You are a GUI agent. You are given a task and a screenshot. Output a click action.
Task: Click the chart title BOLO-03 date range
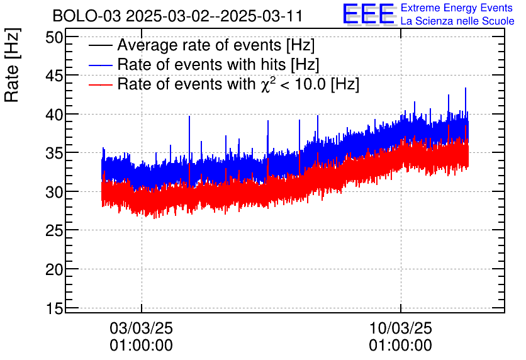tap(177, 16)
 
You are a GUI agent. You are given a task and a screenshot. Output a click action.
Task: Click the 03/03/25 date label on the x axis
tap(141, 329)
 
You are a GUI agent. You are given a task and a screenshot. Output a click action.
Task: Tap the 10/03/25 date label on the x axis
tap(400, 329)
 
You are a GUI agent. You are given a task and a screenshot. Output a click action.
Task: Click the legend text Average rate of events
tap(216, 46)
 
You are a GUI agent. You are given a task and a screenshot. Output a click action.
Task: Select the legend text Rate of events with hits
tap(218, 65)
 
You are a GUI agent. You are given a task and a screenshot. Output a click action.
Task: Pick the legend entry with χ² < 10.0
tap(238, 84)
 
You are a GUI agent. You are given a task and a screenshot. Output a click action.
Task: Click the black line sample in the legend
tap(101, 47)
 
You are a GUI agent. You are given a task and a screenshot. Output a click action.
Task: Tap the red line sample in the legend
tap(101, 85)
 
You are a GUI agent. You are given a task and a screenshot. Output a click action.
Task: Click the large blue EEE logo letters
tap(369, 14)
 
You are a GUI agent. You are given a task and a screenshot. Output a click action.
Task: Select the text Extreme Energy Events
tap(457, 8)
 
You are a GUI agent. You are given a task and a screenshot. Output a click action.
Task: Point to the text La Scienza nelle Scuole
tap(457, 21)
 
